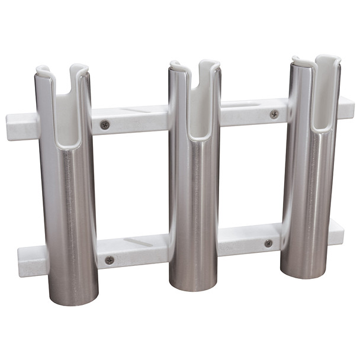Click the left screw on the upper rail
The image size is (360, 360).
105,124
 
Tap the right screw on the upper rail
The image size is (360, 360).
274,114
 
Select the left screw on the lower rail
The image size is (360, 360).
110,259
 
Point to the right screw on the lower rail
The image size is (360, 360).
268,243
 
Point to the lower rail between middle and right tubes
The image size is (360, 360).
249,239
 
